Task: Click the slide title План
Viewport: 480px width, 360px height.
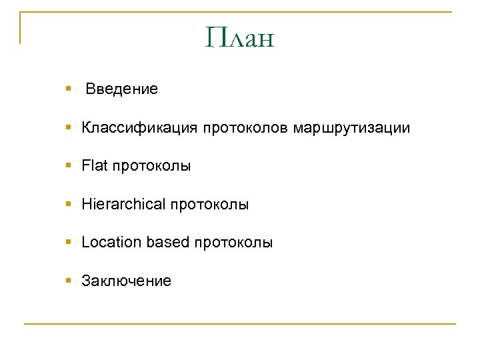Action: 240,38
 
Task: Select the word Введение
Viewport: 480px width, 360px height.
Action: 121,89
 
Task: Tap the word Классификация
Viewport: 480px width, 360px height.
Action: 139,127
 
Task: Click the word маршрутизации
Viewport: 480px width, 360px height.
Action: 351,127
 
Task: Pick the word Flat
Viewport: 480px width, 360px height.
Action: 94,166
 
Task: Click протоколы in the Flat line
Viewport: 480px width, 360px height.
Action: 151,166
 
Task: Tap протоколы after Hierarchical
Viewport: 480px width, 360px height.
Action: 209,205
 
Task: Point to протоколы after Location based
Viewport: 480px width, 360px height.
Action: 233,243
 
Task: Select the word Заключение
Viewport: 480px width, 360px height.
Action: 126,281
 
